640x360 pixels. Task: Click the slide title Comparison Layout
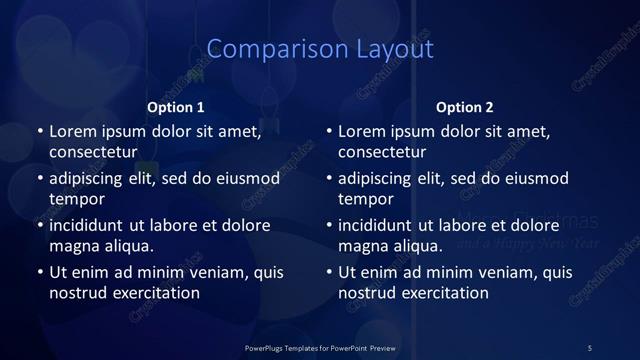[x=320, y=49]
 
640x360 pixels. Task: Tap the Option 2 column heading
[x=465, y=107]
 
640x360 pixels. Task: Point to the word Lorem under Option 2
[x=362, y=131]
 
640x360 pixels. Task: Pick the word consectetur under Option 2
[x=383, y=152]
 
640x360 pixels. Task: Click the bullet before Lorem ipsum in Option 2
[x=328, y=131]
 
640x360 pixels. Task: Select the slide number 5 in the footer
[x=590, y=347]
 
